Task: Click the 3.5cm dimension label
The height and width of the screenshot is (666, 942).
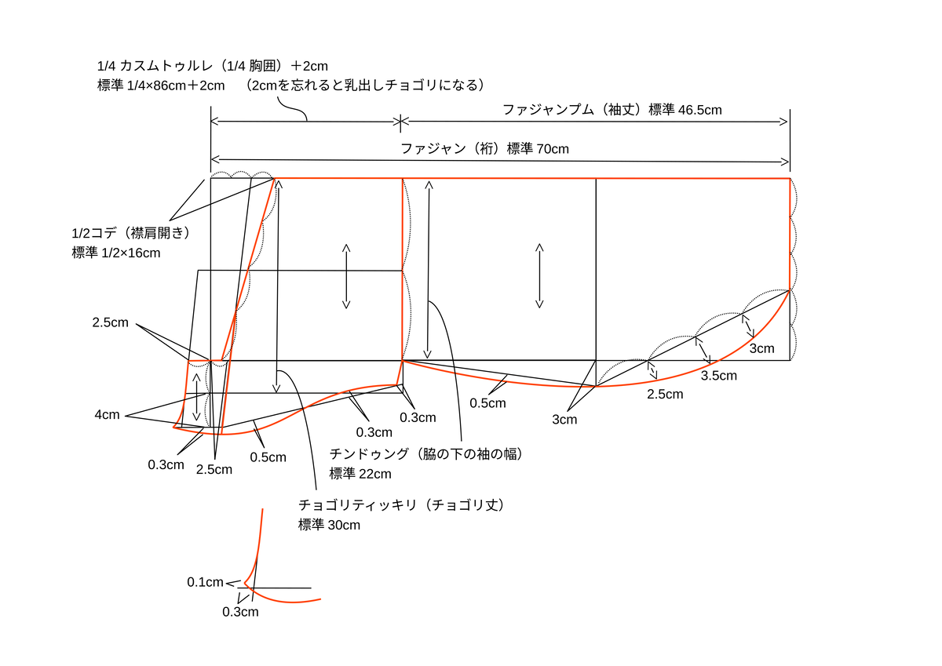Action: pos(718,376)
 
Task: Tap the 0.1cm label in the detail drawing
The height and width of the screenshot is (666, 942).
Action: pos(205,582)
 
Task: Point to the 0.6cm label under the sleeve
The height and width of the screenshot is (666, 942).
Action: pos(487,403)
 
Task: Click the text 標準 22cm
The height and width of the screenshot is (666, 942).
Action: pos(360,474)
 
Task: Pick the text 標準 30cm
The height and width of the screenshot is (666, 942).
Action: pos(329,525)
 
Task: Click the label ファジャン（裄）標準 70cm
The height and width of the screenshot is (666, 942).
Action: pos(484,148)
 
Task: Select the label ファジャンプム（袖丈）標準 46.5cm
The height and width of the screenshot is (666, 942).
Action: pos(612,111)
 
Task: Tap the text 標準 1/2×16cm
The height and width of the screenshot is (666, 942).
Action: pos(115,253)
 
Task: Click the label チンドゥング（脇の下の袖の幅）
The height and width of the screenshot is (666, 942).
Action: pos(425,454)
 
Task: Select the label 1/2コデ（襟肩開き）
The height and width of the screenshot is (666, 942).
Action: pos(131,233)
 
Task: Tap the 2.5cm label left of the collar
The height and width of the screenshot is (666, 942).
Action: pos(110,322)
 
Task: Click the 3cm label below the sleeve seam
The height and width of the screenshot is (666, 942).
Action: pos(564,420)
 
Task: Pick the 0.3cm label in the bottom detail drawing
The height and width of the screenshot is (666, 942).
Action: pos(240,612)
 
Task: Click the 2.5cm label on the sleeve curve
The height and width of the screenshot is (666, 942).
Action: pos(665,394)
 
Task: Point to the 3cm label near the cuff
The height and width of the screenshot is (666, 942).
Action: pos(761,348)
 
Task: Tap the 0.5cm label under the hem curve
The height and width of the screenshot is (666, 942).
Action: pos(268,457)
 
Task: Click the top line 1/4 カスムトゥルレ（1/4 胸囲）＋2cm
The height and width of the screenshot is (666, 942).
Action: pos(213,66)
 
